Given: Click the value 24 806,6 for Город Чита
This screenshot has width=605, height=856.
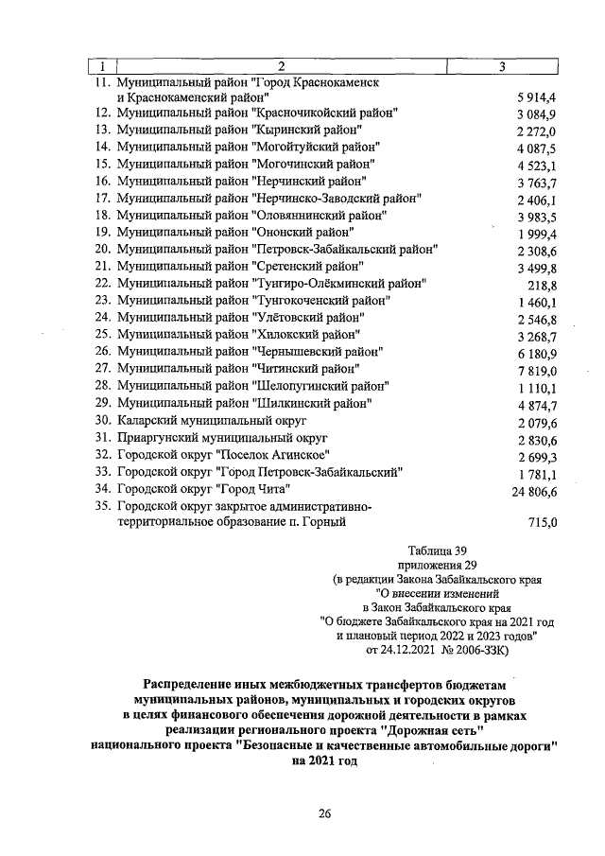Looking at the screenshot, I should (534, 491).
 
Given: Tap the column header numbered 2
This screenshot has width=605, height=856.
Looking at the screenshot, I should (280, 66).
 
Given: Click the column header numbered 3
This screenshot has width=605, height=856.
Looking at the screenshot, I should (502, 66).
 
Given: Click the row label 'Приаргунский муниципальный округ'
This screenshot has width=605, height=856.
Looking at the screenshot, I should (221, 438).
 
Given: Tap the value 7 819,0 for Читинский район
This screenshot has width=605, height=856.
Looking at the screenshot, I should (538, 370).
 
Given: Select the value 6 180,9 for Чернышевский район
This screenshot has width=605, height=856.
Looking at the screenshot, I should (538, 352).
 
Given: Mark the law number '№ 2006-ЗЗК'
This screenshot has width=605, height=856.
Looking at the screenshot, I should (475, 651).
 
